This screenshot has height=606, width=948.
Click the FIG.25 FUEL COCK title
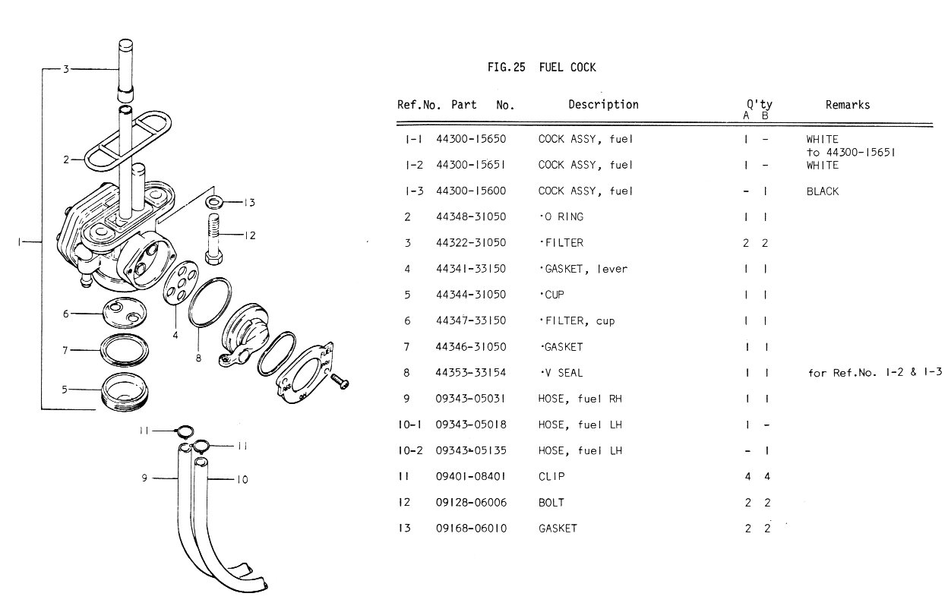point(542,68)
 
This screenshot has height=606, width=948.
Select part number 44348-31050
point(470,217)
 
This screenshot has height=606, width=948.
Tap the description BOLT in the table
point(551,503)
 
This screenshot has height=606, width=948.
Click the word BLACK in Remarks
point(823,191)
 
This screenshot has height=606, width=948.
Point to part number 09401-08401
point(470,477)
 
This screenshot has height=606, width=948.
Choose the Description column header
point(603,105)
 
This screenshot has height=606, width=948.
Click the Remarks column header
point(848,105)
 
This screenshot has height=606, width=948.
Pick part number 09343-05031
point(470,399)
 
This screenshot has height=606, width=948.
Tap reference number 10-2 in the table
point(409,451)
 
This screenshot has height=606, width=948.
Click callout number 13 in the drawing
point(249,203)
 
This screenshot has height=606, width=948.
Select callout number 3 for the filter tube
point(66,69)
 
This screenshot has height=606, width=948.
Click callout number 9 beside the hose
point(144,478)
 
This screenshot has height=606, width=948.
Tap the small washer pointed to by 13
point(214,202)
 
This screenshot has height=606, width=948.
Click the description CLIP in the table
point(551,477)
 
